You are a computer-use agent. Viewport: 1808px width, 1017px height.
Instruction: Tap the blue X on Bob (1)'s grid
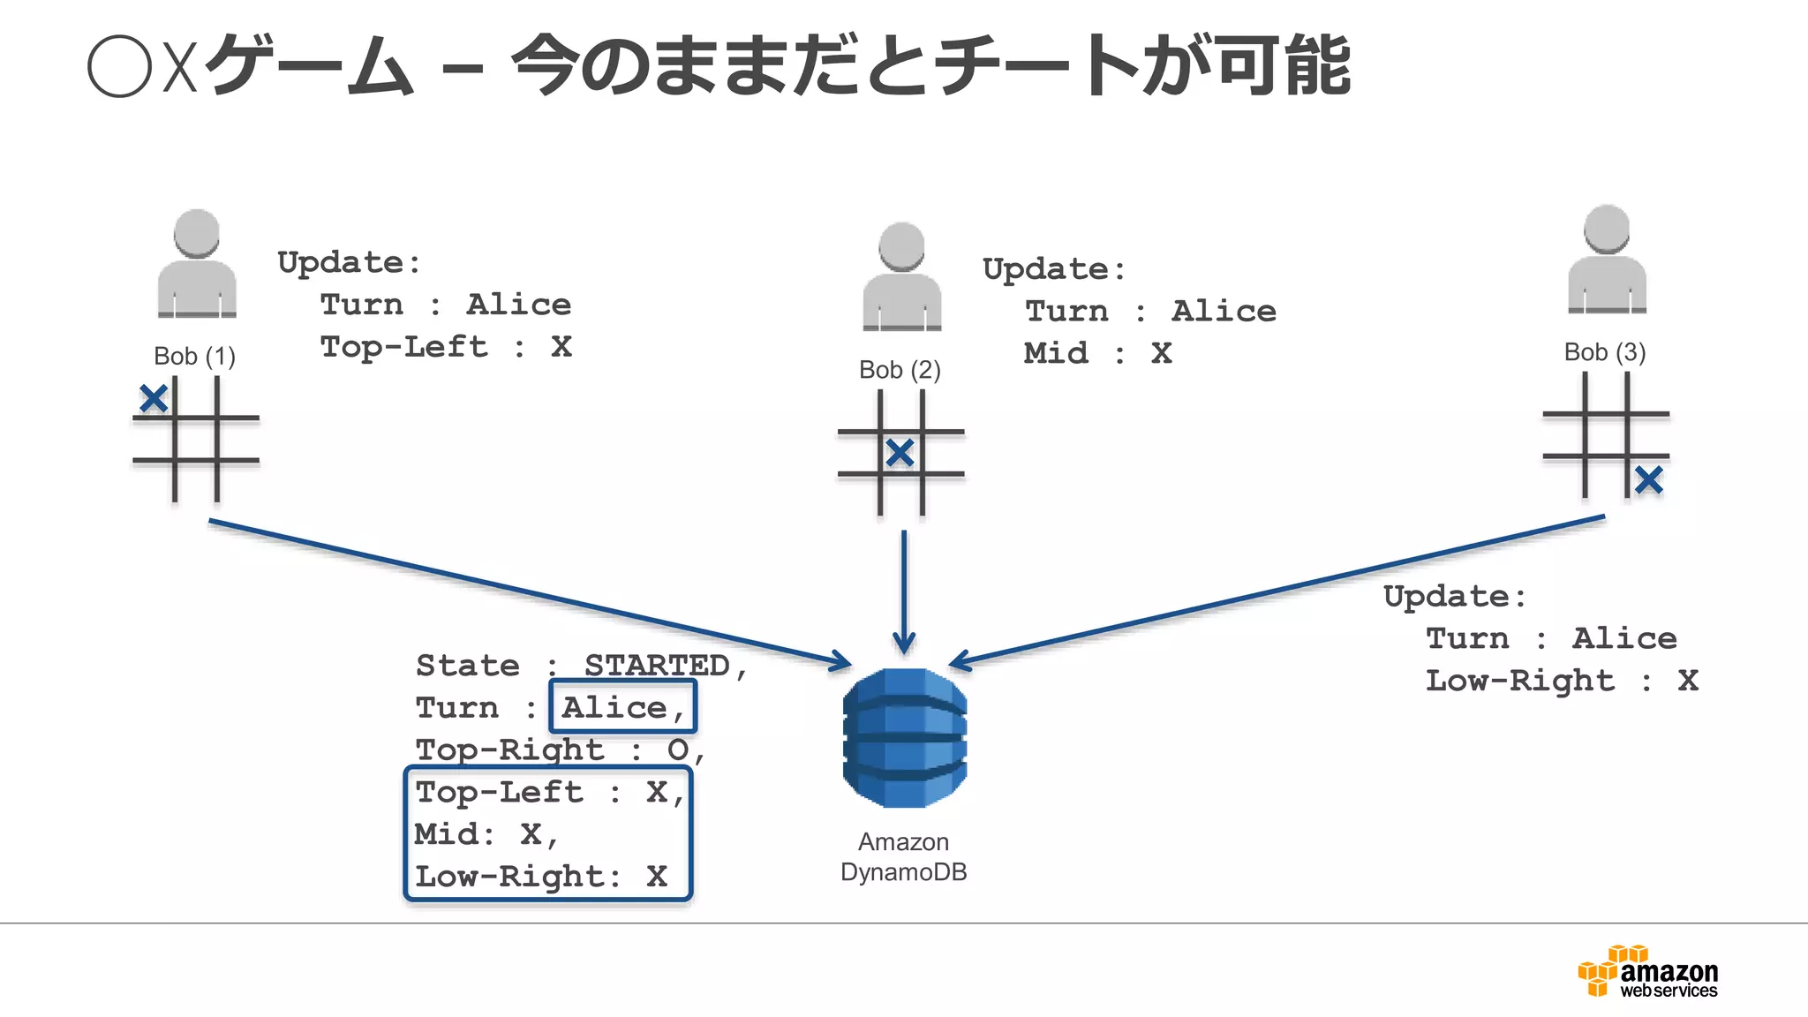click(154, 399)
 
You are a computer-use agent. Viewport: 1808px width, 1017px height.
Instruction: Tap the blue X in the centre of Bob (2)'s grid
click(900, 453)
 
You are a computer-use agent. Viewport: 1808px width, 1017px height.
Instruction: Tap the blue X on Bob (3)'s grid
click(1648, 480)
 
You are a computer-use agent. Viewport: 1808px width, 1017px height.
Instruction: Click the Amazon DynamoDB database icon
click(904, 737)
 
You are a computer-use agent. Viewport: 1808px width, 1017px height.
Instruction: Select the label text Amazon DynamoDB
click(903, 857)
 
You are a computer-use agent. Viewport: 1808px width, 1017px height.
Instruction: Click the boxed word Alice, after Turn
click(622, 707)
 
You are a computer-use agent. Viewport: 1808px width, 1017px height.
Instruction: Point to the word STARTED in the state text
click(658, 666)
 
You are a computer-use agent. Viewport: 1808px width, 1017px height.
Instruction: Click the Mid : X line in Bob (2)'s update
click(1097, 353)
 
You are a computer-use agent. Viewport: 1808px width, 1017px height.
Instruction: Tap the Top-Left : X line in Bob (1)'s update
click(446, 347)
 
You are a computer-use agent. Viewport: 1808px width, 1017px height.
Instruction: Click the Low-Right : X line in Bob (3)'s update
click(1561, 681)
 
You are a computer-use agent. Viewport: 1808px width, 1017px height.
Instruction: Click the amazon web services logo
click(1648, 972)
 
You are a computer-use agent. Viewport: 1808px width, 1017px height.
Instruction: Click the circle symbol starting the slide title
click(119, 66)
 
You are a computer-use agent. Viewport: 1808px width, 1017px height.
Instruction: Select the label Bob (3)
click(1604, 352)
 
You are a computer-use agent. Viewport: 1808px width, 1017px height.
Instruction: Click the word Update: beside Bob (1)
click(349, 262)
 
